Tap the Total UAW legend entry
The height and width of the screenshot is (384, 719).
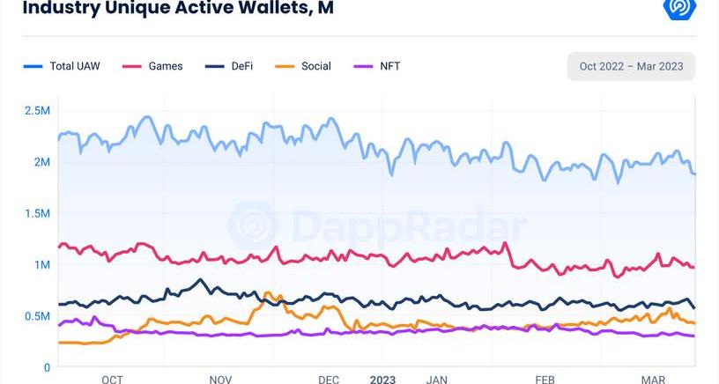coord(74,66)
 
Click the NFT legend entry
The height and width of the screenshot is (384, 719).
coord(389,66)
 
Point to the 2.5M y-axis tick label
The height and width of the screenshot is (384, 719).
coord(36,111)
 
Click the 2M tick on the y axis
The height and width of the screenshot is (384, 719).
coord(41,162)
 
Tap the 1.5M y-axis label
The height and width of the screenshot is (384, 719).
coord(36,213)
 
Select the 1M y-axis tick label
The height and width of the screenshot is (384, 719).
coord(41,264)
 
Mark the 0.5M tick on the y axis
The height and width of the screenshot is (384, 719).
coord(36,316)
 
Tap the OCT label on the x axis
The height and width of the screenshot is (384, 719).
coord(112,380)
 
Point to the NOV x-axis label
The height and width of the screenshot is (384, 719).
coord(220,380)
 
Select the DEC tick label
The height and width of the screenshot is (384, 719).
coord(329,380)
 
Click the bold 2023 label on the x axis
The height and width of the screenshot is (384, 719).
coord(382,380)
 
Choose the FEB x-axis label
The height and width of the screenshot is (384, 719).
coord(545,380)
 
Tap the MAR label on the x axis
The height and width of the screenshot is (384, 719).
coord(653,380)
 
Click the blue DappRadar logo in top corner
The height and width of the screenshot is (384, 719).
coord(679,8)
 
